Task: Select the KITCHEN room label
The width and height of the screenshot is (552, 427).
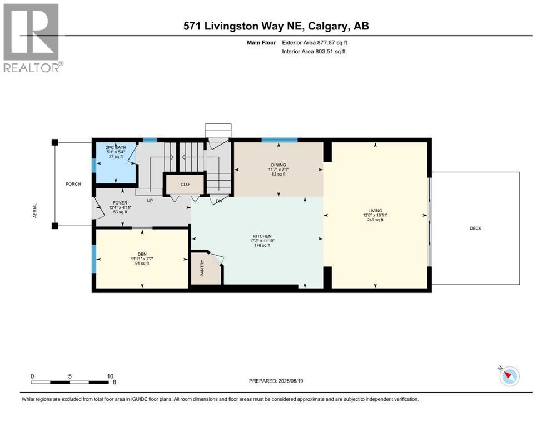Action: pos(262,236)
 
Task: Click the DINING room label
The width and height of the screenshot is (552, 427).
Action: pos(279,165)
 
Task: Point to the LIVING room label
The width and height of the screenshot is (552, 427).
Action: pos(376,211)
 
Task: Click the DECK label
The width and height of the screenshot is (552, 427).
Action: pos(475,228)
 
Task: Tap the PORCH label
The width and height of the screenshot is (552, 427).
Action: pos(73,184)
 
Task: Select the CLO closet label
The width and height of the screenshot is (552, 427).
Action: pos(185,184)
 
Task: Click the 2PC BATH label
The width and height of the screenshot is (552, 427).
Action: pos(116,147)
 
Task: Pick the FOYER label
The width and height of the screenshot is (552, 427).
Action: pos(120,203)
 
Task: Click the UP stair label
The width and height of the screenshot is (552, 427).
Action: pos(150,200)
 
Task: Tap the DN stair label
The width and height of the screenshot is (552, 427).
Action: pos(218,201)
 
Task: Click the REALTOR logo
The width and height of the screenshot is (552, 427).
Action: pos(32,38)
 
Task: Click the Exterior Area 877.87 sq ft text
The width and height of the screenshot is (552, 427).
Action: pos(316,42)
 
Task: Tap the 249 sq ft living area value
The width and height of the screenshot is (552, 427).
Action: pos(376,220)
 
